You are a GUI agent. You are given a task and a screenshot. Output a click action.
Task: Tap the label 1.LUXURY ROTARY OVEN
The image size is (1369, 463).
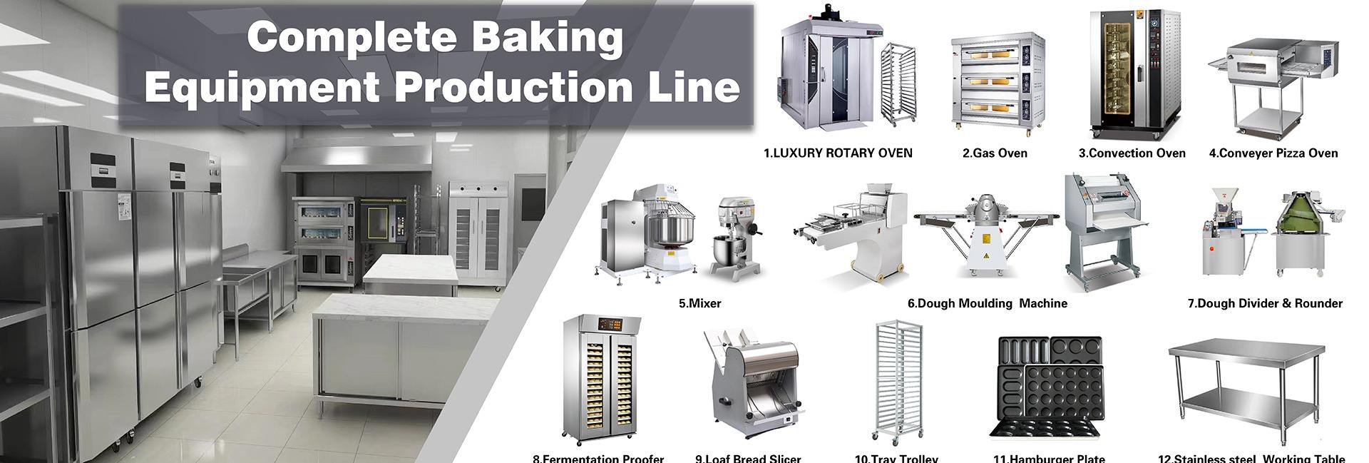click(x=838, y=153)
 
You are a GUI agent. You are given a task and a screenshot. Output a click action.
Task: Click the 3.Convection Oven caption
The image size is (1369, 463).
click(x=1132, y=153)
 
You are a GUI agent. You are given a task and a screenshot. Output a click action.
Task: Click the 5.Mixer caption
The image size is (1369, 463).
click(x=699, y=303)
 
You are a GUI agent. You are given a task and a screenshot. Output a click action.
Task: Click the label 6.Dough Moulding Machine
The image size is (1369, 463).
click(x=987, y=303)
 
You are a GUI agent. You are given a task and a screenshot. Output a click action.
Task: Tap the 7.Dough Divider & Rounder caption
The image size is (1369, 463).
click(x=1264, y=303)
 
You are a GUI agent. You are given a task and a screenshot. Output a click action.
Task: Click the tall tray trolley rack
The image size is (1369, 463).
click(x=897, y=382)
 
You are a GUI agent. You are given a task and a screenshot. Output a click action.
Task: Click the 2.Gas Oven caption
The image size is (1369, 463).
click(x=994, y=153)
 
